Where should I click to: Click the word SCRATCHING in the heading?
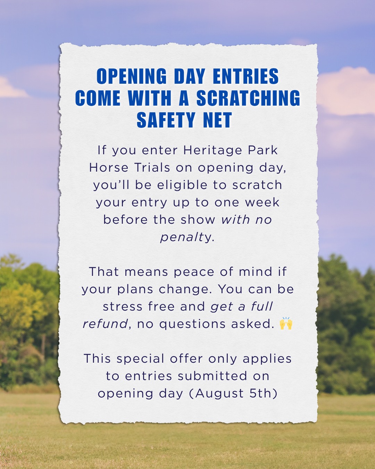click(x=248, y=98)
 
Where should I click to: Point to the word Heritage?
click(x=212, y=151)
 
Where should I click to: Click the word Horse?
click(x=109, y=167)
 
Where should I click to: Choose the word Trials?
click(x=152, y=167)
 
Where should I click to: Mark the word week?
click(x=262, y=202)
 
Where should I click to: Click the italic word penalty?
click(x=186, y=238)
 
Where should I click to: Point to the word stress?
click(x=123, y=306)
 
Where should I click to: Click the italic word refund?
click(x=105, y=324)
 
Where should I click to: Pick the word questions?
click(x=192, y=324)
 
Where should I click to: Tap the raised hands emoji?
click(x=286, y=323)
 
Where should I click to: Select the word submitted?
click(x=212, y=376)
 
